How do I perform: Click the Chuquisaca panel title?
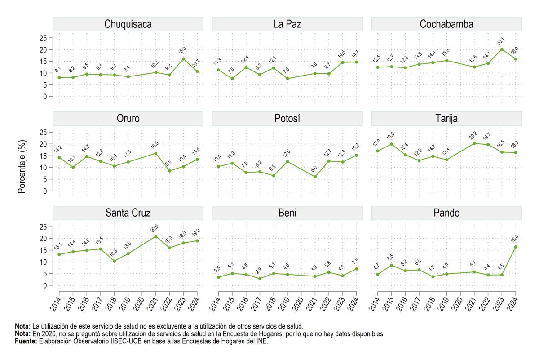tap(128, 24)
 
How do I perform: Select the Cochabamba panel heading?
tap(446, 24)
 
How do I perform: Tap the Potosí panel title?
tap(287, 119)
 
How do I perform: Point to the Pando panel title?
tap(446, 213)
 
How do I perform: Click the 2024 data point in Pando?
tap(516, 247)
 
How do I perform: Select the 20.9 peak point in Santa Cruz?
tap(156, 236)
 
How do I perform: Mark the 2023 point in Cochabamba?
tap(502, 49)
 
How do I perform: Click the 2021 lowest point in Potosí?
tap(315, 177)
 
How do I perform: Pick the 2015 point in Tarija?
tap(392, 144)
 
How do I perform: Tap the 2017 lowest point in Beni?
tap(260, 279)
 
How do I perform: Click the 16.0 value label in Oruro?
tap(155, 145)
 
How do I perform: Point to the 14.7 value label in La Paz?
tap(355, 53)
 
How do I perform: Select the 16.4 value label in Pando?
tap(514, 238)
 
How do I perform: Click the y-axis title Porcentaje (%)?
tap(22, 167)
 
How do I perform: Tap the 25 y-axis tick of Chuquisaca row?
tap(43, 38)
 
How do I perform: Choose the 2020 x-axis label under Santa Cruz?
tap(138, 304)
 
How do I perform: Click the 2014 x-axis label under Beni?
tap(215, 304)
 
